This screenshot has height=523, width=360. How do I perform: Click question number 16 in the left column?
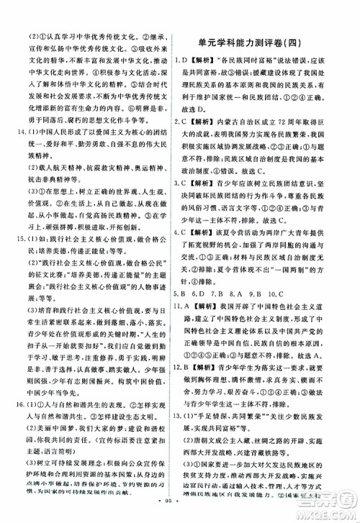click(x=21, y=417)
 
